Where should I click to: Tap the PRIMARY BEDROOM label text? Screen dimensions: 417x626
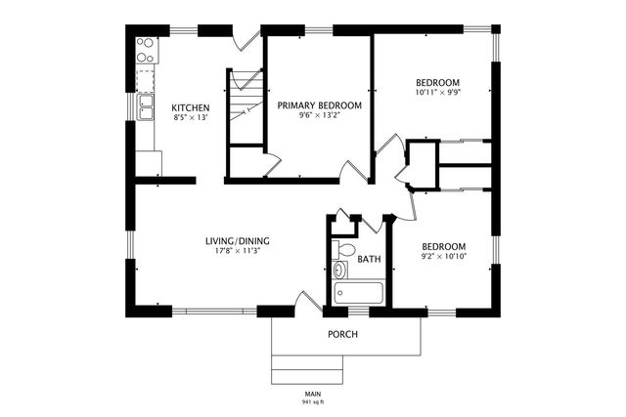pyautogui.click(x=319, y=104)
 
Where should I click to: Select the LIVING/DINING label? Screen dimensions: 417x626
pyautogui.click(x=238, y=240)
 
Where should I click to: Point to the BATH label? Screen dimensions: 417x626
pyautogui.click(x=369, y=260)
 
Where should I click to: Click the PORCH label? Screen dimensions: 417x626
pyautogui.click(x=341, y=335)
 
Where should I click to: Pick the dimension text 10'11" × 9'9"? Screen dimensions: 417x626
pyautogui.click(x=437, y=94)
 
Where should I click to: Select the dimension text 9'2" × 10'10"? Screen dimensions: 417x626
pyautogui.click(x=443, y=257)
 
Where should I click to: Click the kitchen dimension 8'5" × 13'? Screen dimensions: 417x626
pyautogui.click(x=191, y=118)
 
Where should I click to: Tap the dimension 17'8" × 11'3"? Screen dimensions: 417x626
pyautogui.click(x=238, y=251)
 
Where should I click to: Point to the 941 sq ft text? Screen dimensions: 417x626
pyautogui.click(x=314, y=401)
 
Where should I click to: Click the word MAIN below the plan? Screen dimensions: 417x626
pyautogui.click(x=314, y=393)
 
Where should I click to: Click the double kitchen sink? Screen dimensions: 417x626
pyautogui.click(x=146, y=104)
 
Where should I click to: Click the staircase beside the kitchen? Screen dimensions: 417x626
pyautogui.click(x=245, y=107)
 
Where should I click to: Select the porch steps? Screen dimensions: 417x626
pyautogui.click(x=307, y=369)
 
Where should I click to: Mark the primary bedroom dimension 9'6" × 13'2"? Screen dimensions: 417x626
pyautogui.click(x=319, y=115)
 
